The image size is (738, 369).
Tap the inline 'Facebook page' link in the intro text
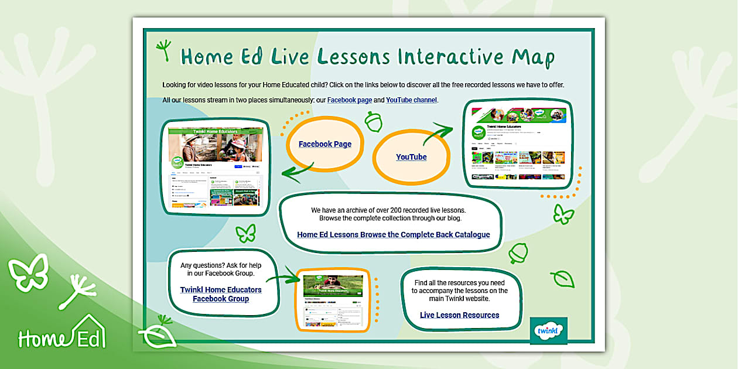coord(349,100)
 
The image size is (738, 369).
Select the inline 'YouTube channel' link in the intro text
coord(411,100)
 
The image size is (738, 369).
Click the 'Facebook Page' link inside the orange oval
coord(325,144)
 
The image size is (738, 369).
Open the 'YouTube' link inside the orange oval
coord(411,157)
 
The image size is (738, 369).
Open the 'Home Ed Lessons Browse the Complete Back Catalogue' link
coord(393,235)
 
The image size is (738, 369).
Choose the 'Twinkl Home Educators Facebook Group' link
coord(221,294)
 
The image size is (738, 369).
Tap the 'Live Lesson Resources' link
coord(459,315)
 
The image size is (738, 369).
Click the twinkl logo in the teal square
coord(548,331)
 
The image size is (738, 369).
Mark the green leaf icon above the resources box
coord(562,279)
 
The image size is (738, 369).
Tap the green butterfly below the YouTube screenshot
coord(563,214)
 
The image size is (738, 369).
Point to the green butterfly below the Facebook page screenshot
coord(246,233)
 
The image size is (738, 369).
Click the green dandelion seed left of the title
coord(165,50)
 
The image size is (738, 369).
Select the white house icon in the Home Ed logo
coord(88,332)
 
